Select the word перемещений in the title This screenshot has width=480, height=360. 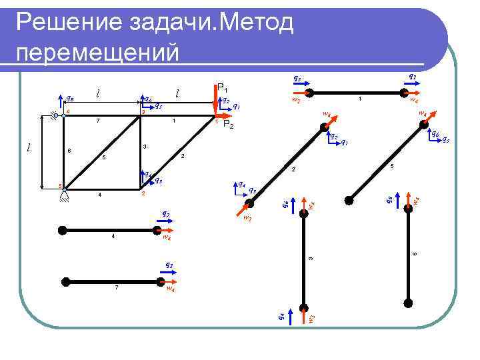(x=97, y=52)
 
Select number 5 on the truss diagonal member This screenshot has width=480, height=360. (x=103, y=158)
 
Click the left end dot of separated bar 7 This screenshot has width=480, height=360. (x=63, y=281)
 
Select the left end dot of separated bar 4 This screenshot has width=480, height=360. (x=63, y=229)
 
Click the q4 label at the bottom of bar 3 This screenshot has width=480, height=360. (x=283, y=315)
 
